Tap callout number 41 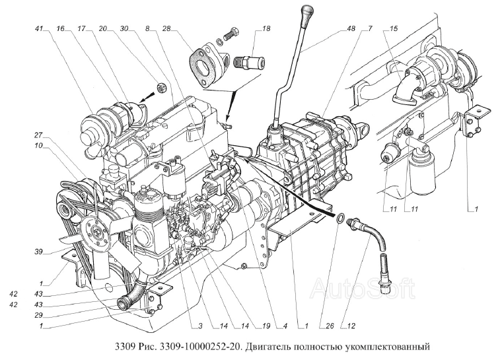coord(39,28)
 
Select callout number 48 coord(351,28)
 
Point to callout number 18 coord(266,28)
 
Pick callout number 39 coord(39,252)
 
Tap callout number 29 coord(39,315)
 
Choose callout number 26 coord(330,326)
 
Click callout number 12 coord(351,326)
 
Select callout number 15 coord(394,28)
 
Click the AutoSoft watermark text coord(363,288)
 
